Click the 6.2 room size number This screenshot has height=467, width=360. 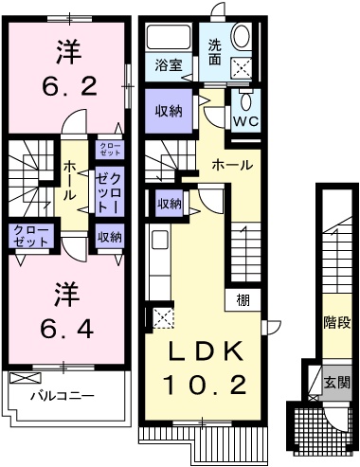pos(69,86)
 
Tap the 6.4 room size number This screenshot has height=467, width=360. pos(67,329)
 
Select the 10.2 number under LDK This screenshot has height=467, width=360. pos(204,385)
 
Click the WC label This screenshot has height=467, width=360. pos(246,120)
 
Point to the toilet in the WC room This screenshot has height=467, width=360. pos(246,101)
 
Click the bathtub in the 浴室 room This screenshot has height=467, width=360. pos(169,36)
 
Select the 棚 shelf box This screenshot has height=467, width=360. pos(243,299)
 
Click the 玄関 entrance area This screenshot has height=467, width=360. pos(337,383)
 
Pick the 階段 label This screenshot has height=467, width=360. pos(337,323)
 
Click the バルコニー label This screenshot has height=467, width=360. pos(63,395)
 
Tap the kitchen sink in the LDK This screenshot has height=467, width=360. pos(160,240)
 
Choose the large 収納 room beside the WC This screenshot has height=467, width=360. pos(169,111)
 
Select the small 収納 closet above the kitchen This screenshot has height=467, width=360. pos(170,204)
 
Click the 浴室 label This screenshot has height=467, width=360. pos(169,65)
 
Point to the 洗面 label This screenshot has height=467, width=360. pos(215,53)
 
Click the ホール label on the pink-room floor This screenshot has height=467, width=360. pos(69,181)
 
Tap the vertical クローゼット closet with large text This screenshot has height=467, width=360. pos(109,192)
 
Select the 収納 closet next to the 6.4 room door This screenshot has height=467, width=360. pos(109,237)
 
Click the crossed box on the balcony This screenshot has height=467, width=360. pos(26,378)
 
